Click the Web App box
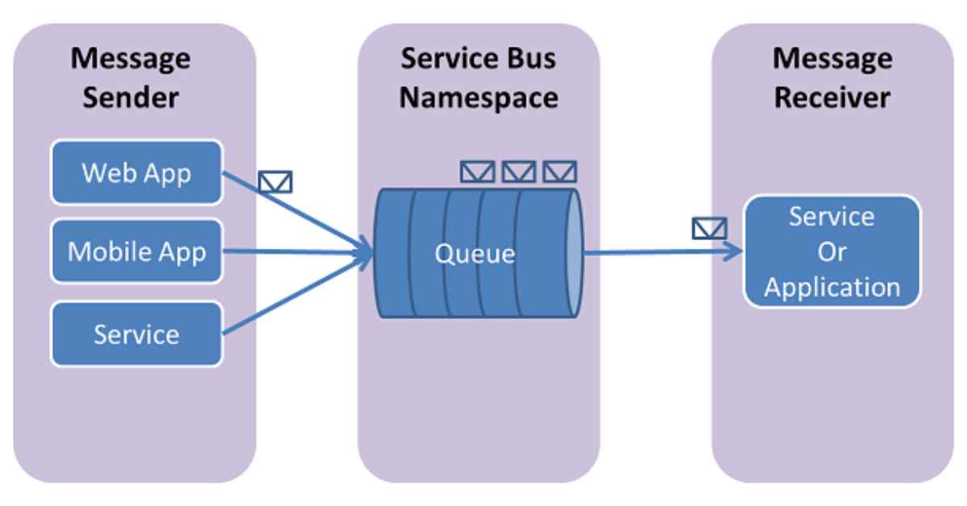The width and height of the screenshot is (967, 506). click(x=136, y=172)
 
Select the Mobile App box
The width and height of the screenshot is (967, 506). click(x=136, y=252)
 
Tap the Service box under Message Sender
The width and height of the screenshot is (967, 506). click(x=136, y=334)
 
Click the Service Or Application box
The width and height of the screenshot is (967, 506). click(x=832, y=251)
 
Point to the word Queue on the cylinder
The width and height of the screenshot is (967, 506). click(x=475, y=254)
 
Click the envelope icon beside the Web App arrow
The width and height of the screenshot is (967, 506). click(x=276, y=183)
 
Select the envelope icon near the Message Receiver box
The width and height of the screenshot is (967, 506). click(x=709, y=230)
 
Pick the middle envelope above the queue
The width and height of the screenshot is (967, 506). click(x=518, y=171)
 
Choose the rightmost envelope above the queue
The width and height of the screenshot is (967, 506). click(x=559, y=171)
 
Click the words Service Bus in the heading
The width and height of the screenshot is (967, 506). click(x=479, y=59)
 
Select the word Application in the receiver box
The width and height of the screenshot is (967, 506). click(x=832, y=287)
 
